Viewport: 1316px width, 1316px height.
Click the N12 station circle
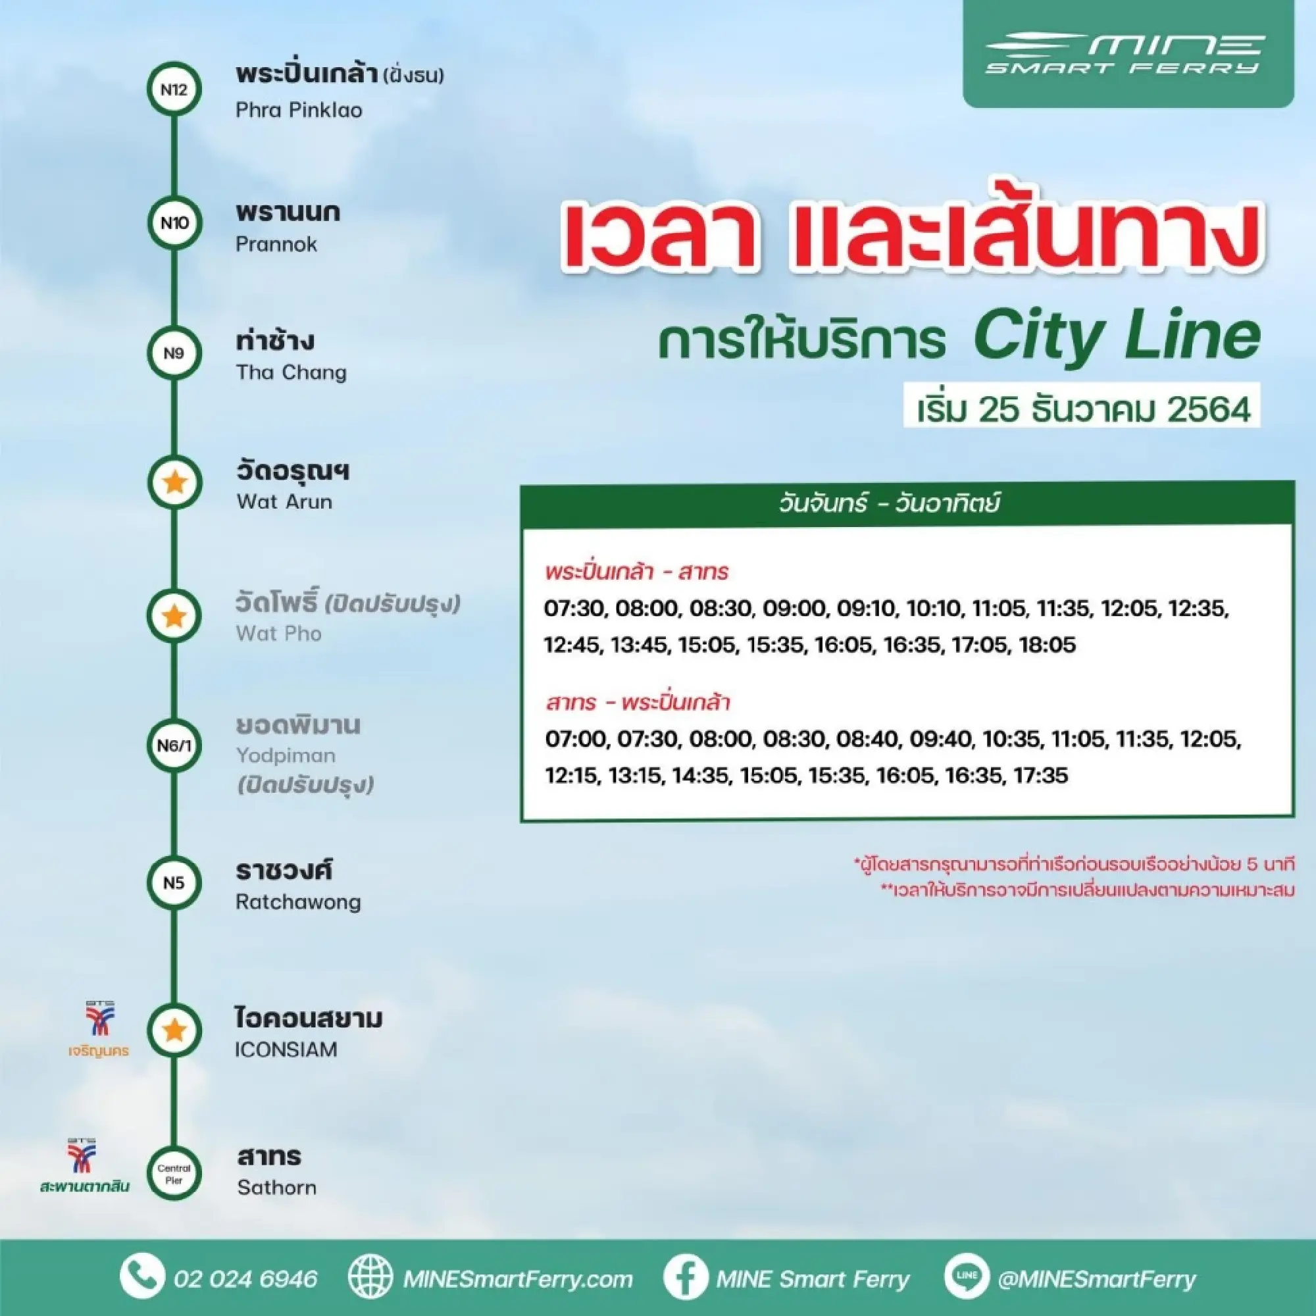pos(174,89)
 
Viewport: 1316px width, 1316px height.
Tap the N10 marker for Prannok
pos(174,223)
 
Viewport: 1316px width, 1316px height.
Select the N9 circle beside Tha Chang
pos(174,353)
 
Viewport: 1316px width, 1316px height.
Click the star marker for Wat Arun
pos(174,482)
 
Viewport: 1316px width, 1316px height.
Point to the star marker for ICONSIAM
pos(174,1030)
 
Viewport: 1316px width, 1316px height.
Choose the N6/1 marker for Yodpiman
pos(174,746)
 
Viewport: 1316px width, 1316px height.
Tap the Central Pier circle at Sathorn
pos(174,1174)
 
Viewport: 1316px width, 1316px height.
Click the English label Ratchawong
pos(298,902)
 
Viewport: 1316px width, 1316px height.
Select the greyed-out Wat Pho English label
pos(278,634)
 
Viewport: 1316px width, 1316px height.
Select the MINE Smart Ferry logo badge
pos(1127,53)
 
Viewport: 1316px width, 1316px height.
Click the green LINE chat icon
pos(966,1276)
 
